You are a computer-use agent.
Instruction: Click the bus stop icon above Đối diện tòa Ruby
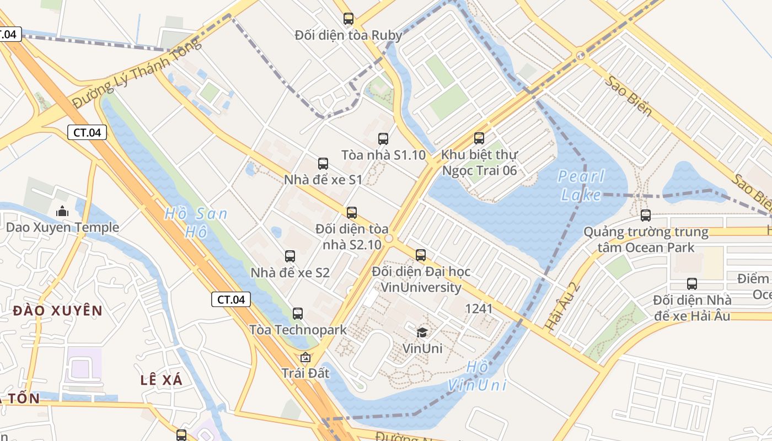point(348,19)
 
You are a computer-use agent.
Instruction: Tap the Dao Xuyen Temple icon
point(62,211)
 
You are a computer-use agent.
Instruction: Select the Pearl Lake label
point(581,185)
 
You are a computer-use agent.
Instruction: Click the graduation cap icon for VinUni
point(422,332)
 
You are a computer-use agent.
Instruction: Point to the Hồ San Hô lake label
point(196,222)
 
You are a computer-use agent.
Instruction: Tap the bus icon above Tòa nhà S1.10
point(383,139)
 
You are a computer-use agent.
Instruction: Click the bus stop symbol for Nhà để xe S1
point(323,164)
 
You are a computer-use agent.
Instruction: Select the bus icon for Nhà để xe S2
point(290,256)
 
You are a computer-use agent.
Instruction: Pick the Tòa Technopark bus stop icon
point(298,314)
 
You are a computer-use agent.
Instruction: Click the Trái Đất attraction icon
point(305,357)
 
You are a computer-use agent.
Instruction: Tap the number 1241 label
point(479,309)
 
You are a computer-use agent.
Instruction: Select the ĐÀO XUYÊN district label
point(58,310)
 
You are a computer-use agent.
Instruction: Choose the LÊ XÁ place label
point(161,380)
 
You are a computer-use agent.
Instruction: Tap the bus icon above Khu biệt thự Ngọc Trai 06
point(479,138)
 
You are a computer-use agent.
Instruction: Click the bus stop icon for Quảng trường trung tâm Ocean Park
point(646,216)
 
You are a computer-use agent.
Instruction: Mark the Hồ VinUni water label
point(477,375)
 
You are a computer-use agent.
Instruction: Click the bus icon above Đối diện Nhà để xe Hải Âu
point(692,284)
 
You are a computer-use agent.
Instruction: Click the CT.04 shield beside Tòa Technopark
point(231,300)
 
